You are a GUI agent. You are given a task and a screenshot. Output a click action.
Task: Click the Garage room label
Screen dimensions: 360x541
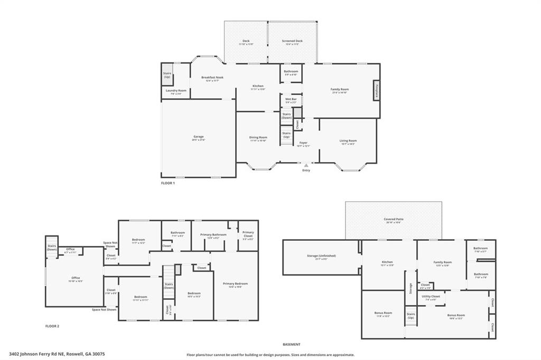click(198, 137)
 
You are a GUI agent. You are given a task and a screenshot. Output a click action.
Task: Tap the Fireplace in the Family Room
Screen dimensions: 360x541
click(377, 90)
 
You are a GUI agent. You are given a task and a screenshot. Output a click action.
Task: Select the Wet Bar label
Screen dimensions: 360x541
click(291, 99)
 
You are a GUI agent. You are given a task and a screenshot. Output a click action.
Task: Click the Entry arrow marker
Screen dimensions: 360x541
click(306, 165)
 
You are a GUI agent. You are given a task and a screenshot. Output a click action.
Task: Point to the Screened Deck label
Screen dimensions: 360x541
click(292, 41)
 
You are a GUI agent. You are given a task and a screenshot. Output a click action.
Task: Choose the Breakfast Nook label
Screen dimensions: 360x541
click(212, 78)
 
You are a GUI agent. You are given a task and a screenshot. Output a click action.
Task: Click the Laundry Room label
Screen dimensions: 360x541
click(176, 91)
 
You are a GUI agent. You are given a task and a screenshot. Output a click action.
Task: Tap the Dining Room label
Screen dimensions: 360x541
click(258, 138)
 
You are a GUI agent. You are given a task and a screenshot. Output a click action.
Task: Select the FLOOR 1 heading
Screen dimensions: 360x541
click(168, 183)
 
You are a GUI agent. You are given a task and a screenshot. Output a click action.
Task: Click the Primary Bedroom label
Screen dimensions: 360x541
click(235, 283)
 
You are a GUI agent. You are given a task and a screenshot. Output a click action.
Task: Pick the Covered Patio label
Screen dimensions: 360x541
click(394, 219)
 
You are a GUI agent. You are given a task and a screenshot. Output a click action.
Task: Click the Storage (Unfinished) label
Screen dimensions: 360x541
click(321, 256)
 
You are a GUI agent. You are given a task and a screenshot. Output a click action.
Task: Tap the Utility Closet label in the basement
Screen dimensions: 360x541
click(431, 297)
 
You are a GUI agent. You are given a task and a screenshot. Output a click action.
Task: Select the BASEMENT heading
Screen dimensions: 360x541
click(291, 344)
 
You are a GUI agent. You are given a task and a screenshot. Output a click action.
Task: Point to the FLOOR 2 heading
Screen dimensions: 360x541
click(52, 326)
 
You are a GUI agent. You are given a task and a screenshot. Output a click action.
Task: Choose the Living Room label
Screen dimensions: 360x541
click(348, 140)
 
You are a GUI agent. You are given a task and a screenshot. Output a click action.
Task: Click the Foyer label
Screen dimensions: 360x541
click(304, 143)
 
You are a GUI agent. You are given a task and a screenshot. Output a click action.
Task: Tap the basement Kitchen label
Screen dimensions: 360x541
click(388, 262)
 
